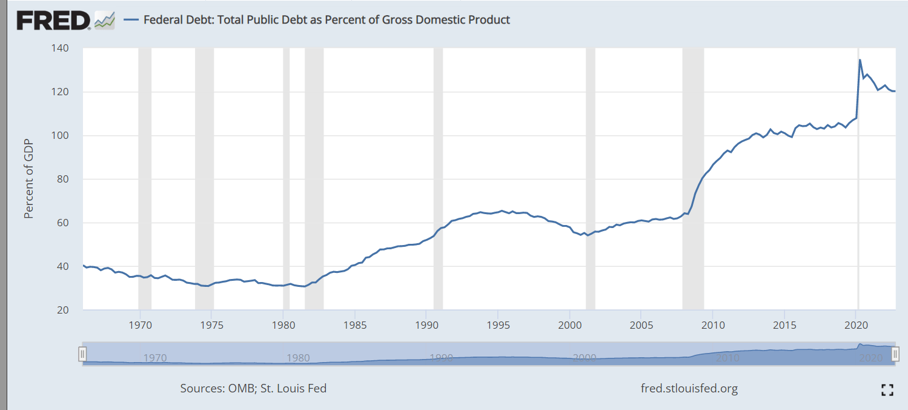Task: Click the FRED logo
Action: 53,20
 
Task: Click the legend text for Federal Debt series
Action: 326,20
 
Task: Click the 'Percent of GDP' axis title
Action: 28,179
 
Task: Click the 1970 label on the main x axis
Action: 140,323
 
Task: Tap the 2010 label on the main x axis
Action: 713,323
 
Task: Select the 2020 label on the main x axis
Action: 856,323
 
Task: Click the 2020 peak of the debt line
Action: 860,59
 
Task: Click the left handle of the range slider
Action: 83,354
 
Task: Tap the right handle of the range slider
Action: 895,354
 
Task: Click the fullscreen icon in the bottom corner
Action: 887,390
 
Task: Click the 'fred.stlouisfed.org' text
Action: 689,388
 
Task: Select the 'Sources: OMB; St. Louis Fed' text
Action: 253,388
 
